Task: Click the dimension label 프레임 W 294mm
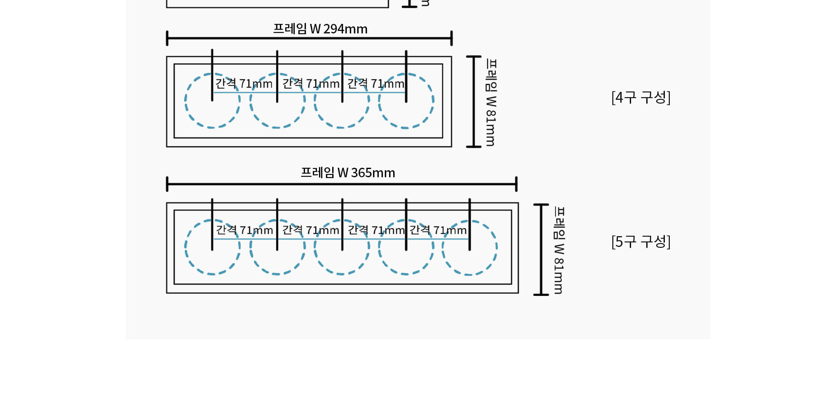click(320, 29)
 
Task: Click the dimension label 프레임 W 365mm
click(348, 172)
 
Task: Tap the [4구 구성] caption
click(641, 97)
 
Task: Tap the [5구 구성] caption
click(641, 242)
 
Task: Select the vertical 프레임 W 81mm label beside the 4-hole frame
click(491, 102)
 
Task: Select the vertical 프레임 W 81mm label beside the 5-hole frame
click(558, 250)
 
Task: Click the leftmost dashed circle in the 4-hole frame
click(185, 101)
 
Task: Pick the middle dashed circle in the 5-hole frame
click(314, 247)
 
